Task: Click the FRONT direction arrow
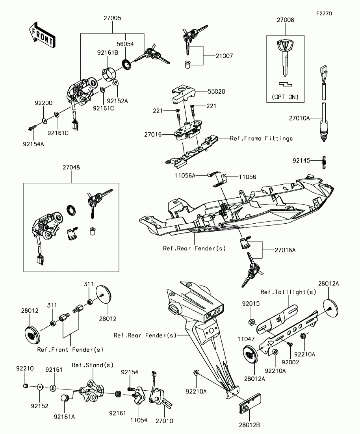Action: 42,35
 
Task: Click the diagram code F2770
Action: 324,13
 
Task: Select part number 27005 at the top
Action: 112,18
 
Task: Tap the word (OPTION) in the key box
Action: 285,97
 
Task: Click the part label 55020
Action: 216,91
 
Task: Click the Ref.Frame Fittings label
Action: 261,138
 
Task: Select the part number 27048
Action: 71,167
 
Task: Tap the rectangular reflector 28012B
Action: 249,404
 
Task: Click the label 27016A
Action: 285,250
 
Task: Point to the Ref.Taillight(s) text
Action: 288,292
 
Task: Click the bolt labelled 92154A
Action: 32,128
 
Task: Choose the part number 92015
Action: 251,304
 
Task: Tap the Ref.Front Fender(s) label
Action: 70,350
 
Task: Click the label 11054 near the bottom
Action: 139,420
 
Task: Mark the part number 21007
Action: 225,56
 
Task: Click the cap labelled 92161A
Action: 65,397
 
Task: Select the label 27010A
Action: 299,118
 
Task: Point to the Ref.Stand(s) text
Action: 93,365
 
